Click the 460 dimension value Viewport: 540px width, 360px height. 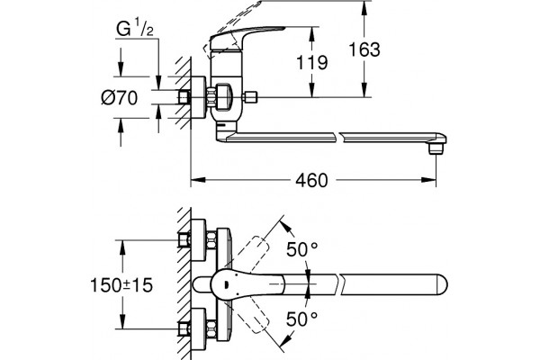point(311,180)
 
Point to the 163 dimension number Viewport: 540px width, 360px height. point(364,49)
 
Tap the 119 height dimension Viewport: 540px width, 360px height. point(312,62)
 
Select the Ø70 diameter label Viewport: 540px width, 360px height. point(119,98)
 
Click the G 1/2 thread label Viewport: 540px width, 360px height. point(135,28)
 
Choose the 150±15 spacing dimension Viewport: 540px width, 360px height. point(121,285)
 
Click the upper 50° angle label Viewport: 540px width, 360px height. point(302,249)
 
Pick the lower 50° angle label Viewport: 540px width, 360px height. point(302,319)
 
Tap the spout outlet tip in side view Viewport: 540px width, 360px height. point(436,148)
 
